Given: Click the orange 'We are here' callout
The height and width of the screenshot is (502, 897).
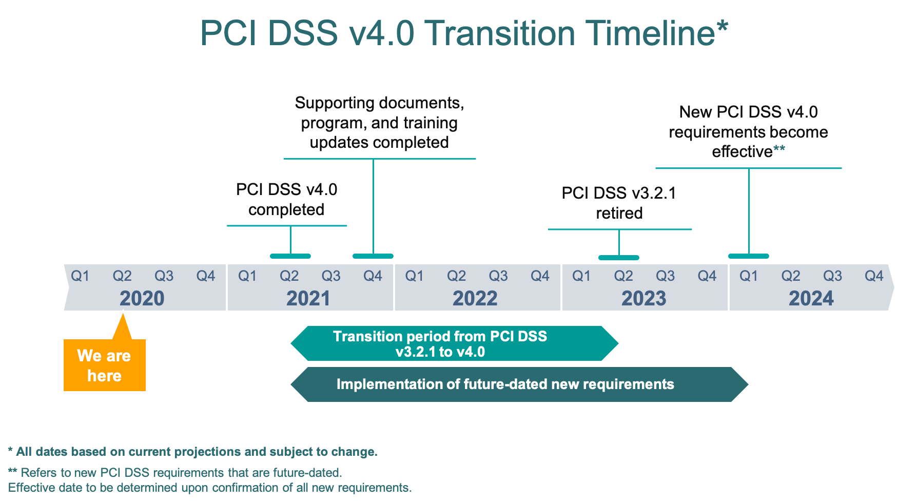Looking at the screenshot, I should [104, 365].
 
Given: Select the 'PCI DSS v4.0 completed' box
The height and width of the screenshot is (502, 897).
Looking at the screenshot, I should [287, 200].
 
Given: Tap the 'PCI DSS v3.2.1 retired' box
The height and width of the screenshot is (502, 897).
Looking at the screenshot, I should [619, 203].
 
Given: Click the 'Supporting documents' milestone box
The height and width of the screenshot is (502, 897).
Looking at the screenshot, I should [379, 123].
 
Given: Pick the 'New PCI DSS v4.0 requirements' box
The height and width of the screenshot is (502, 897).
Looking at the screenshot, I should [748, 132].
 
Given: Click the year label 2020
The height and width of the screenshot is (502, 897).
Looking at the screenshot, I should [142, 298].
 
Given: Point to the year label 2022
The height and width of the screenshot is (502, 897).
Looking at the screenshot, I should [475, 298].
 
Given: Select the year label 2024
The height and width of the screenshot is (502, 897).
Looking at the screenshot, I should [811, 298].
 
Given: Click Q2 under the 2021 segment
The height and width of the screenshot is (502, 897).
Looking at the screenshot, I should [289, 276].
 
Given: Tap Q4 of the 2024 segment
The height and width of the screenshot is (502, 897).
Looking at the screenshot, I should [874, 276].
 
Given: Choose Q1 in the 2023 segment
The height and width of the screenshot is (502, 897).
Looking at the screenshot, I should [581, 276].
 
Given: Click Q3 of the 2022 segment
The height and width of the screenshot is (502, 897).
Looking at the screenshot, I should [498, 276].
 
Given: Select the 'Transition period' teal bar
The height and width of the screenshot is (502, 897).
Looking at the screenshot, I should [454, 343].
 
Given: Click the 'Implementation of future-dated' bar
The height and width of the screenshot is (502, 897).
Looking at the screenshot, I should [518, 384].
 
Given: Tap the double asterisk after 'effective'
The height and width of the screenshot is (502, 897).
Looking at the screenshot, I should [779, 149].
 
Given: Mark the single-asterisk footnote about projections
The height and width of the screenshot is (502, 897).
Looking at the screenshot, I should [193, 452].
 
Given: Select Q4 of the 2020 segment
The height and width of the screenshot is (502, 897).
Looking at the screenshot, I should [206, 276].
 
